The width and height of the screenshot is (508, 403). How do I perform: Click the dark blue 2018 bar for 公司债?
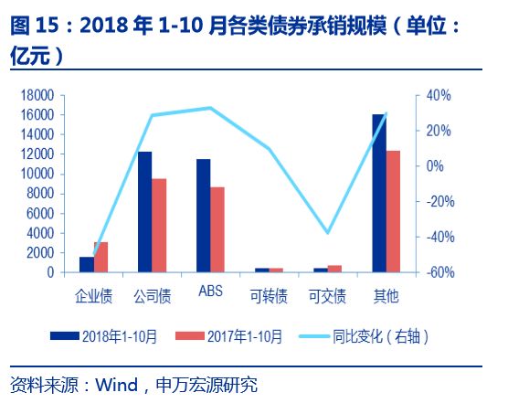[145, 212]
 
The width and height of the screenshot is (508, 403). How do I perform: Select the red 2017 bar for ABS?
[217, 229]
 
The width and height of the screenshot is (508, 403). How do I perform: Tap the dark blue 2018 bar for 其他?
[379, 194]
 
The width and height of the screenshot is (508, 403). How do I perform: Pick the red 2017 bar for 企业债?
[101, 257]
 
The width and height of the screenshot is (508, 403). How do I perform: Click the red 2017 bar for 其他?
[393, 211]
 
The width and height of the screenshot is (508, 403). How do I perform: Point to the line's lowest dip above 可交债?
[327, 233]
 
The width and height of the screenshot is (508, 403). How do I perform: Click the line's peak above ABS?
[210, 108]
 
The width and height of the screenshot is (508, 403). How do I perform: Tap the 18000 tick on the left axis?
[37, 95]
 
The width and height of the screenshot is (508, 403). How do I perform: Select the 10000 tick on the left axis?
[37, 174]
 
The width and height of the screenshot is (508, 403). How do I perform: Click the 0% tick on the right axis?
[435, 166]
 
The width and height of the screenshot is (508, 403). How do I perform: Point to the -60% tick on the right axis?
[440, 272]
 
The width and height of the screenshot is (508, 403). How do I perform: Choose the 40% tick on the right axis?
[439, 95]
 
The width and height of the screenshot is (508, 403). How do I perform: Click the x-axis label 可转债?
[269, 296]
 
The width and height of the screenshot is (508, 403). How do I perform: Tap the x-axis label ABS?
[210, 291]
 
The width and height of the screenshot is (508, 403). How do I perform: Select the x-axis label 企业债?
[93, 296]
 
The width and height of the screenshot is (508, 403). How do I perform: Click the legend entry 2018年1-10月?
[103, 336]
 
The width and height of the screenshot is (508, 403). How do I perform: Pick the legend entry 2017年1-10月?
[228, 336]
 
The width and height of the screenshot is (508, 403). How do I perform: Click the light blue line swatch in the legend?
[313, 336]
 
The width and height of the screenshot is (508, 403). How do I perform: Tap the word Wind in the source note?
[116, 385]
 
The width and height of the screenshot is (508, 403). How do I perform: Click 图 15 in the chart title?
[35, 25]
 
